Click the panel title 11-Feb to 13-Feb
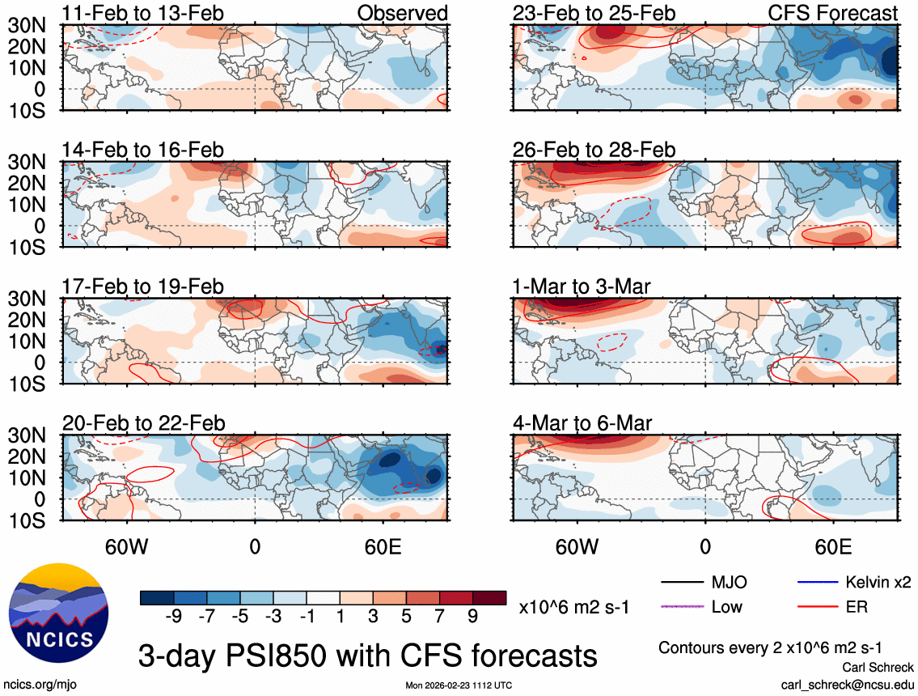(x=143, y=13)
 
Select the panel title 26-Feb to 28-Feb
(x=594, y=150)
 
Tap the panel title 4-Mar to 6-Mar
(x=582, y=422)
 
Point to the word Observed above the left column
(x=402, y=13)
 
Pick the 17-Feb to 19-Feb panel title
(x=143, y=286)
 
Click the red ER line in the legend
(x=816, y=606)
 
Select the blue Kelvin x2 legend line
(x=816, y=582)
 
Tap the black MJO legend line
(x=681, y=582)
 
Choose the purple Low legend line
(x=681, y=606)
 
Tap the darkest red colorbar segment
(x=489, y=598)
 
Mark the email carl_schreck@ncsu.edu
(x=847, y=684)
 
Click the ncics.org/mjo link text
(x=36, y=685)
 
